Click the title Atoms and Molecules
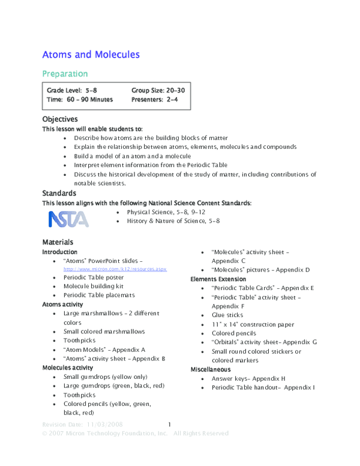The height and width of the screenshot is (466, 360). tap(91, 55)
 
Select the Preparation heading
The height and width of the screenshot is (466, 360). tap(65, 74)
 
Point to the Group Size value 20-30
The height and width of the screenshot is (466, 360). tap(172, 90)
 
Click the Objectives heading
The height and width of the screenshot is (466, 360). tap(60, 120)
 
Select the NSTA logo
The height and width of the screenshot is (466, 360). tap(68, 219)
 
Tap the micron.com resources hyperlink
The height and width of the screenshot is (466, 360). tap(115, 270)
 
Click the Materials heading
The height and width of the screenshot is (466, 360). tap(58, 241)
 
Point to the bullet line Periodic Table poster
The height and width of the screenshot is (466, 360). tap(94, 277)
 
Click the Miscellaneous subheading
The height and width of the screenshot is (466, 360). tap(211, 369)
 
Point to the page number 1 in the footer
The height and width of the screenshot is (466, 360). tap(170, 425)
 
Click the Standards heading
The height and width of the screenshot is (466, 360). tap(59, 193)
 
